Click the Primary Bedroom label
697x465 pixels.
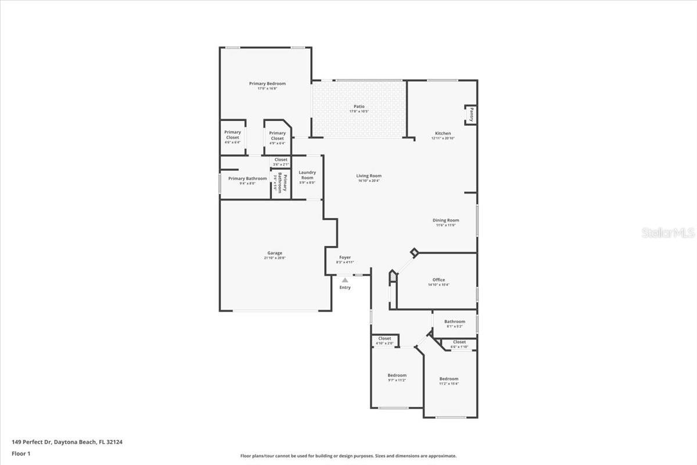[x=267, y=84]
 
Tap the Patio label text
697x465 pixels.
[x=359, y=107]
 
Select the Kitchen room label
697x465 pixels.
[x=443, y=134]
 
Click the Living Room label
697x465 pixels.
[x=369, y=176]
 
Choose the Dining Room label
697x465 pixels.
[x=445, y=221]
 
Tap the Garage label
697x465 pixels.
[x=275, y=253]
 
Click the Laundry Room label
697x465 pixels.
[x=307, y=175]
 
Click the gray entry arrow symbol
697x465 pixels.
[x=345, y=280]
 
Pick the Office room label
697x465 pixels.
[x=439, y=280]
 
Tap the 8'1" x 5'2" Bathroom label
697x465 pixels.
[x=455, y=322]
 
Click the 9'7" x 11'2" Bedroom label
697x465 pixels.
[x=397, y=376]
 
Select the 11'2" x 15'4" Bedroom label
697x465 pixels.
[x=448, y=380]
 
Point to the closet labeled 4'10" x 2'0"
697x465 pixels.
[x=385, y=339]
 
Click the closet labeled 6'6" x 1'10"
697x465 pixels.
[x=459, y=342]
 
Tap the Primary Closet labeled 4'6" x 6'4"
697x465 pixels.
[x=232, y=135]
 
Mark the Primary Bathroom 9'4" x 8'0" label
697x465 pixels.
[x=247, y=179]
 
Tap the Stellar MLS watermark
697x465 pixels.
[x=668, y=233]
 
